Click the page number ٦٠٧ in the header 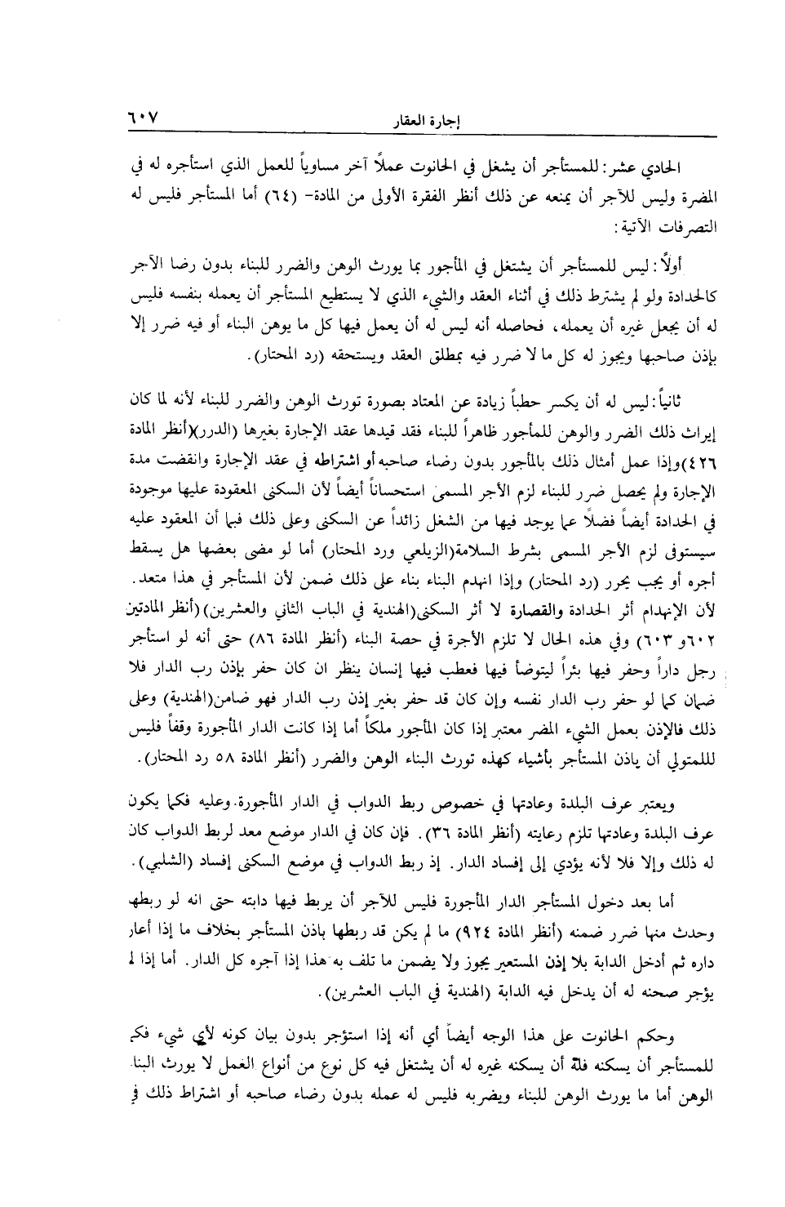pos(144,118)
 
